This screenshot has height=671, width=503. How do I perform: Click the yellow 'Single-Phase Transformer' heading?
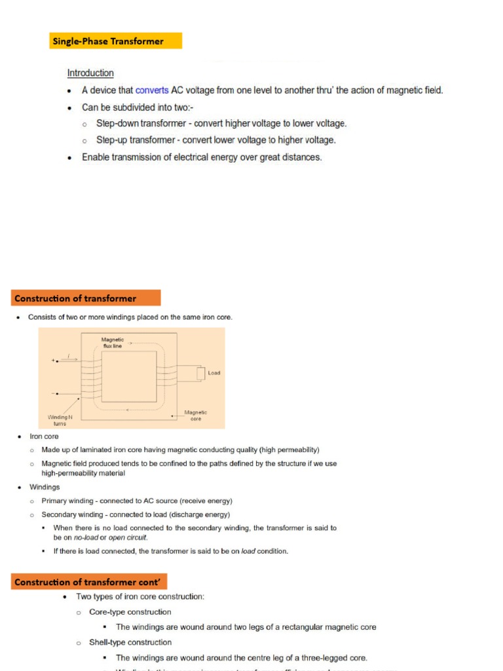(116, 41)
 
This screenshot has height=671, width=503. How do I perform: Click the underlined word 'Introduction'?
(90, 73)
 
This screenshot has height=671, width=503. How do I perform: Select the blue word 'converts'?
(152, 90)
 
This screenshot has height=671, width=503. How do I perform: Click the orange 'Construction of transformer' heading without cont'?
(84, 298)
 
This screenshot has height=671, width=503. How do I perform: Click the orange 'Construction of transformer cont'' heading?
(89, 582)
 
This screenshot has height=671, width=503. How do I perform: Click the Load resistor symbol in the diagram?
(200, 374)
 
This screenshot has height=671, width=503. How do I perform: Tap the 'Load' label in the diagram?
(214, 374)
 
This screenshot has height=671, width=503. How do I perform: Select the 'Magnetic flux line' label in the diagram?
(112, 343)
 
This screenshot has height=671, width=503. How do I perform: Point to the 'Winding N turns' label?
(60, 419)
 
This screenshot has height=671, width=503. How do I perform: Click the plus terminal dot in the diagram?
(57, 360)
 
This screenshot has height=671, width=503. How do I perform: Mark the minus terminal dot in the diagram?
(57, 394)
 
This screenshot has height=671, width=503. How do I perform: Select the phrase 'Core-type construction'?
(130, 612)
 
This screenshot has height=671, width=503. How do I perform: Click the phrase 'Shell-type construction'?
(130, 642)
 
